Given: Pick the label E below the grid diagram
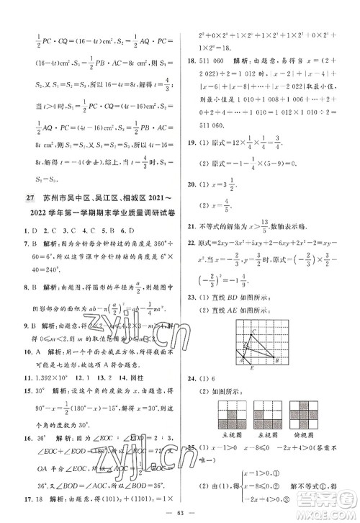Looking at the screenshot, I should (252, 368).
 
